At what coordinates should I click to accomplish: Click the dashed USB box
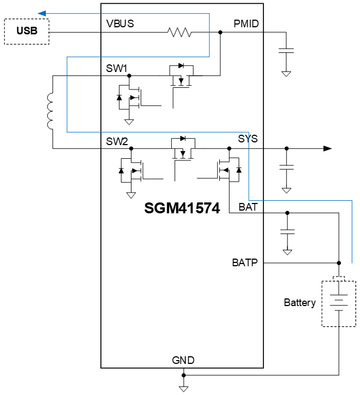click(27, 31)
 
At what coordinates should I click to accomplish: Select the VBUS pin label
click(120, 23)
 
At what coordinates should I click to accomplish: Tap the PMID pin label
click(245, 23)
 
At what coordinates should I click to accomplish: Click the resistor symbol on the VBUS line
click(180, 33)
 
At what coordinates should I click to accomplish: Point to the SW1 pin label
click(117, 68)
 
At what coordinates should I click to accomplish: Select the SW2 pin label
click(117, 141)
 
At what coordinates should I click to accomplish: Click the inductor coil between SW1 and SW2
click(51, 111)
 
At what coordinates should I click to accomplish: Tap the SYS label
click(248, 139)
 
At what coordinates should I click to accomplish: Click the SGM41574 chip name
click(182, 208)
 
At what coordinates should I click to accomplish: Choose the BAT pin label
click(248, 207)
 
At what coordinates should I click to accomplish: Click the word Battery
click(299, 302)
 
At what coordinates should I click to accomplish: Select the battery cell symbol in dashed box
click(339, 303)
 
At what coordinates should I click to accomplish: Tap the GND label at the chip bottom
click(183, 360)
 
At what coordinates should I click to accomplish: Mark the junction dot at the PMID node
click(220, 33)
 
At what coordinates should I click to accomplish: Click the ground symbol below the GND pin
click(184, 388)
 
